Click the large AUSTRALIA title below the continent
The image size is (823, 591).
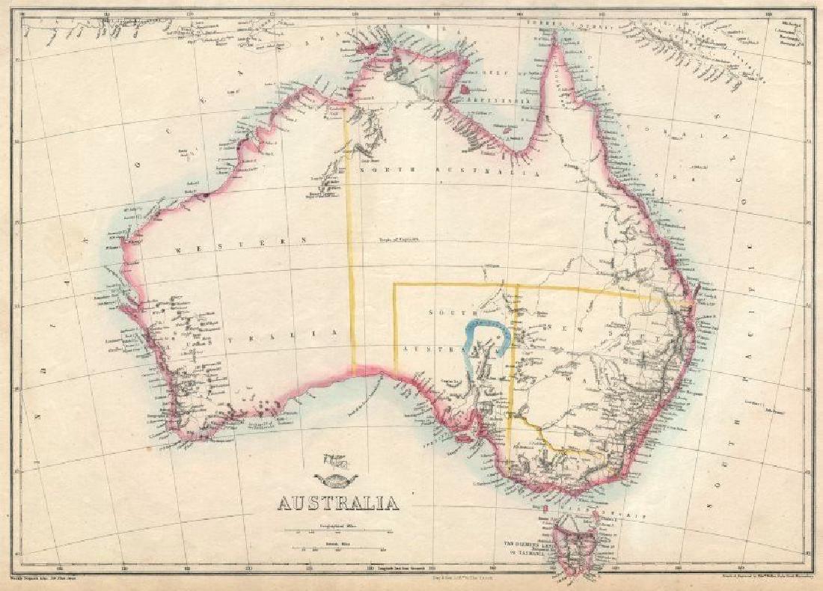coord(338,502)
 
